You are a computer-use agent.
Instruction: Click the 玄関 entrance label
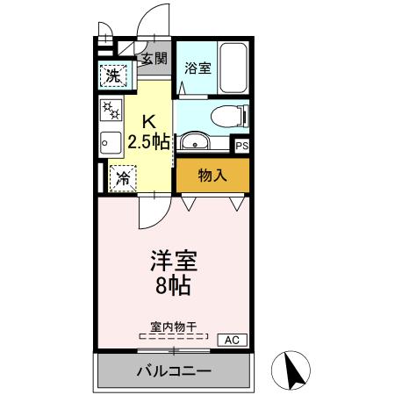(x=156, y=60)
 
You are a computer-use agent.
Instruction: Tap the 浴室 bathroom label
(x=197, y=68)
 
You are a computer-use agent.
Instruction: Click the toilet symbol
(x=231, y=114)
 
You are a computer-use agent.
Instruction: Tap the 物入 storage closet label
(x=212, y=175)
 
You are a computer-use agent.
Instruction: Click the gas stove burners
(x=111, y=111)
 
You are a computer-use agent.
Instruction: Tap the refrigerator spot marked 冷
(x=121, y=177)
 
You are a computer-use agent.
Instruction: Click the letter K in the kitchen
(x=150, y=122)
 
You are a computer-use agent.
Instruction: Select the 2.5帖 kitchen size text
(x=148, y=141)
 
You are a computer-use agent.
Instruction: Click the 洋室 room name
(x=173, y=262)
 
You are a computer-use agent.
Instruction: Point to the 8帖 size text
(x=173, y=285)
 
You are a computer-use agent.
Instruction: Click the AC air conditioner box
(x=232, y=339)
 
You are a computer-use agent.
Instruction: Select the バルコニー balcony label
(x=173, y=371)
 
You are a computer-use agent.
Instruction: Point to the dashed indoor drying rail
(x=173, y=336)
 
